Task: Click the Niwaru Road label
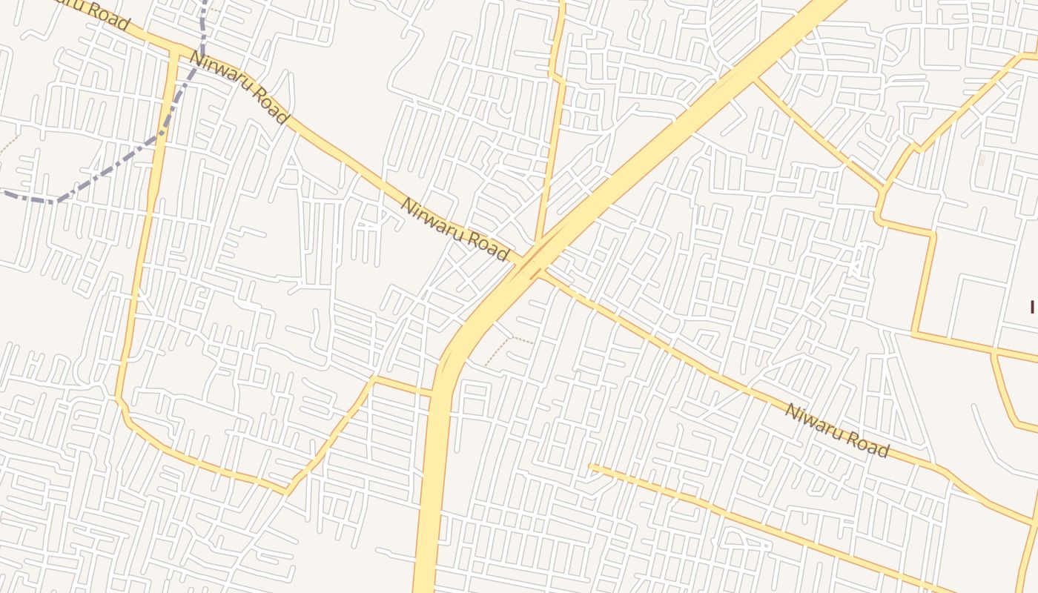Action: click(836, 431)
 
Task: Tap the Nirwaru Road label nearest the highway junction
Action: click(455, 229)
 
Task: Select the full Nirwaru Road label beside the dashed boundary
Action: click(238, 87)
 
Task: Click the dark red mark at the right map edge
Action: click(1032, 306)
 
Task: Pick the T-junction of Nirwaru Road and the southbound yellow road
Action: click(173, 50)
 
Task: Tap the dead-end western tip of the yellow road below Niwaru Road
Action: click(591, 466)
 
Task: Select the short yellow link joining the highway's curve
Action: click(404, 385)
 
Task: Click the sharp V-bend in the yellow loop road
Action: click(288, 491)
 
